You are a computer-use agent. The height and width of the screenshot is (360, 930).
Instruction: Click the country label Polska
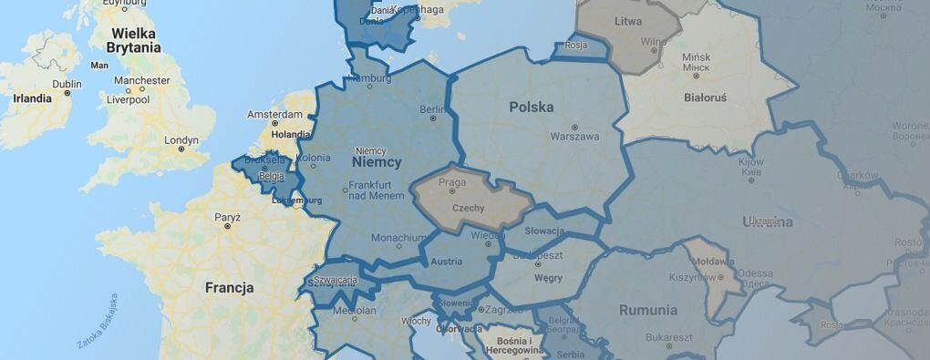532,107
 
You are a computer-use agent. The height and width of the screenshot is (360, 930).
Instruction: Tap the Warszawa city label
574,137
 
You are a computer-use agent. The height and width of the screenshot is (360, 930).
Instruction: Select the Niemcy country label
376,161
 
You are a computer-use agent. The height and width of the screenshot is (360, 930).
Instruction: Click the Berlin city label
432,109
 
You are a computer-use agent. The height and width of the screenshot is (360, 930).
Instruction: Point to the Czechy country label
468,208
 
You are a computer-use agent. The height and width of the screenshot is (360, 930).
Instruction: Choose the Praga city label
452,182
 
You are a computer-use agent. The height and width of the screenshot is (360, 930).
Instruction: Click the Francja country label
229,288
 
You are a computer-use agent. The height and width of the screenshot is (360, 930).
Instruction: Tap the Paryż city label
227,218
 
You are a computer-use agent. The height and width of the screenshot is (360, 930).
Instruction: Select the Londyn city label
181,140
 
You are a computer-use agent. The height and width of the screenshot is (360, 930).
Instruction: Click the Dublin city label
67,84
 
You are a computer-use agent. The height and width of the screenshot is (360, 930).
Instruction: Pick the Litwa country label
628,20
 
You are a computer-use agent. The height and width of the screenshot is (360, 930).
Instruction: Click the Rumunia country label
648,310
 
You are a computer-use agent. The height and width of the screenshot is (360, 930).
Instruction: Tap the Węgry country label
547,277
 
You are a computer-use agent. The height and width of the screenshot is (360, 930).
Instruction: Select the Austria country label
446,262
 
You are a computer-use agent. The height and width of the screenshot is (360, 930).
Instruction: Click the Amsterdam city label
274,115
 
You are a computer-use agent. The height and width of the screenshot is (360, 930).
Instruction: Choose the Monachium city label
398,238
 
